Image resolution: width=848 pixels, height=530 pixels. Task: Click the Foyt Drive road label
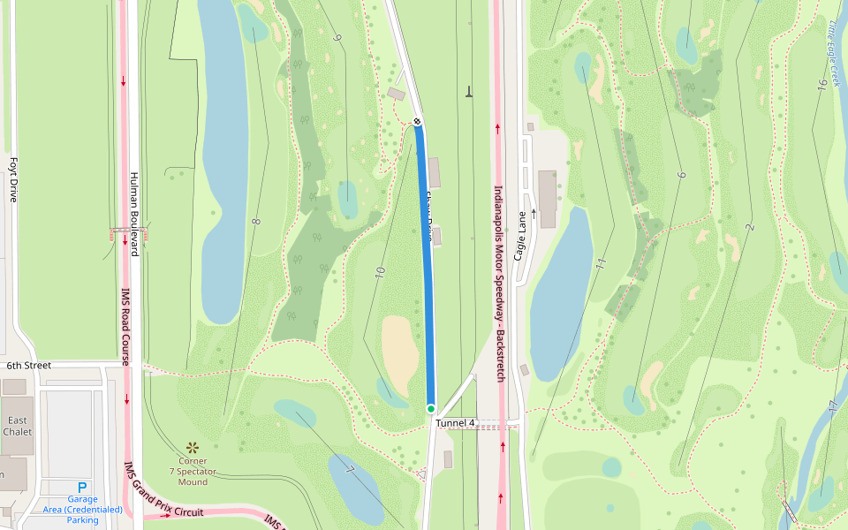[13, 180]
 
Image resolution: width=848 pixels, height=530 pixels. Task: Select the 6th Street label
[29, 365]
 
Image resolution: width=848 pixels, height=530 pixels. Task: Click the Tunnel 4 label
[455, 423]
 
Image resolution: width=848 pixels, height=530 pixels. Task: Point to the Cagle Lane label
[521, 241]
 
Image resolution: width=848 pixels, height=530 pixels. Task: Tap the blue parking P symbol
[82, 487]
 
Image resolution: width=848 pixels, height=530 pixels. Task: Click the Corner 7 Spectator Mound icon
[193, 447]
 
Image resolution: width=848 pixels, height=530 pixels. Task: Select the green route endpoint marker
[431, 408]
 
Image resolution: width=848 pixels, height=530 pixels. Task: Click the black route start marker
[417, 121]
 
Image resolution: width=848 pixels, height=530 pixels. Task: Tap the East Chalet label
[18, 426]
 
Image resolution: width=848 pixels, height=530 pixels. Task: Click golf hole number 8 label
[256, 221]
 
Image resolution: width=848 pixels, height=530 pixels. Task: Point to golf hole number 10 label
[381, 273]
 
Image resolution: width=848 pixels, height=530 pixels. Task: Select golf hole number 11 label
[601, 261]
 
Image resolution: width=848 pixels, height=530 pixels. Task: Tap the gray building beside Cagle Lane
[547, 198]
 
